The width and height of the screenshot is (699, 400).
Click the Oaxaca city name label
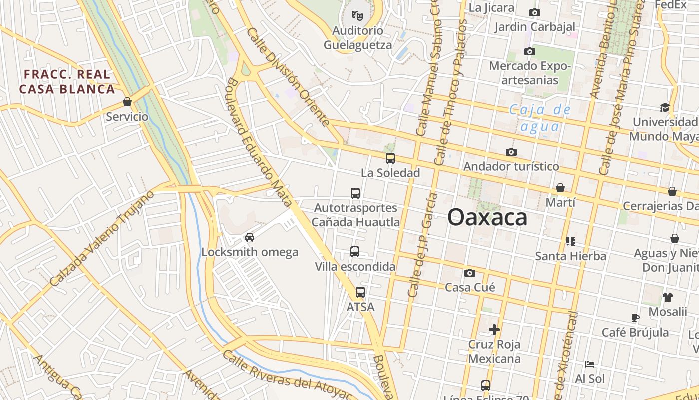tap(487, 218)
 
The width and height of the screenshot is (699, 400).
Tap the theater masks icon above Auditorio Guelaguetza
tap(357, 16)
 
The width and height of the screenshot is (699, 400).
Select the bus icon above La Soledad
tap(390, 158)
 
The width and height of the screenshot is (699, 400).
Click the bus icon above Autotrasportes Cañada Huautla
tap(355, 193)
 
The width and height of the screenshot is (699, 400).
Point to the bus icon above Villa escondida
tap(355, 252)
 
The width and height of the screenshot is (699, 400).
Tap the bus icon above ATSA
tap(360, 292)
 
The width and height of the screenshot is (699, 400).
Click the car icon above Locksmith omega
tap(250, 237)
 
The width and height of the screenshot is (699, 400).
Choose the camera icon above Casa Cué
tap(470, 273)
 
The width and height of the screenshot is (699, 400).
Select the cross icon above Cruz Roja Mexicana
tap(494, 330)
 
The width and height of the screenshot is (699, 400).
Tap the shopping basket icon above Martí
tap(560, 188)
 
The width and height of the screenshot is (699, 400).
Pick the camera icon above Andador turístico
tap(511, 152)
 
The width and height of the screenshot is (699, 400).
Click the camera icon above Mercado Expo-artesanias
tap(530, 51)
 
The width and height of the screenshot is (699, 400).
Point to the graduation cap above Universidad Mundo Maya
tap(665, 107)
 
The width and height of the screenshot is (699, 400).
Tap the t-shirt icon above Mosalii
tap(668, 297)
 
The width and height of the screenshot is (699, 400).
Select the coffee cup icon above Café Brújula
tap(635, 318)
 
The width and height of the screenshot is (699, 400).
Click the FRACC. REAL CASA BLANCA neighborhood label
tap(67, 82)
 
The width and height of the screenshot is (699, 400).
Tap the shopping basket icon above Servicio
tap(127, 102)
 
